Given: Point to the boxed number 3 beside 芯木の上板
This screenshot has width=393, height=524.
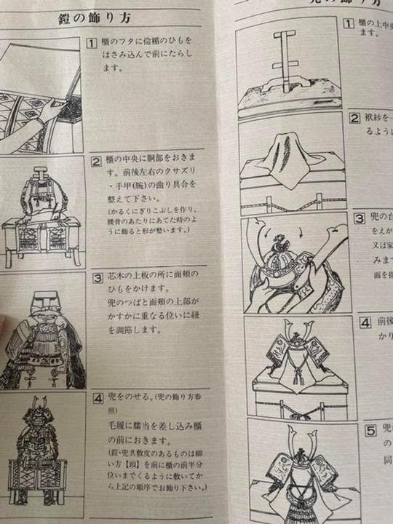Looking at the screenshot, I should click(x=98, y=277).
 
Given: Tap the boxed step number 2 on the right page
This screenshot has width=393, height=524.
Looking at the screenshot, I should click(x=354, y=119).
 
